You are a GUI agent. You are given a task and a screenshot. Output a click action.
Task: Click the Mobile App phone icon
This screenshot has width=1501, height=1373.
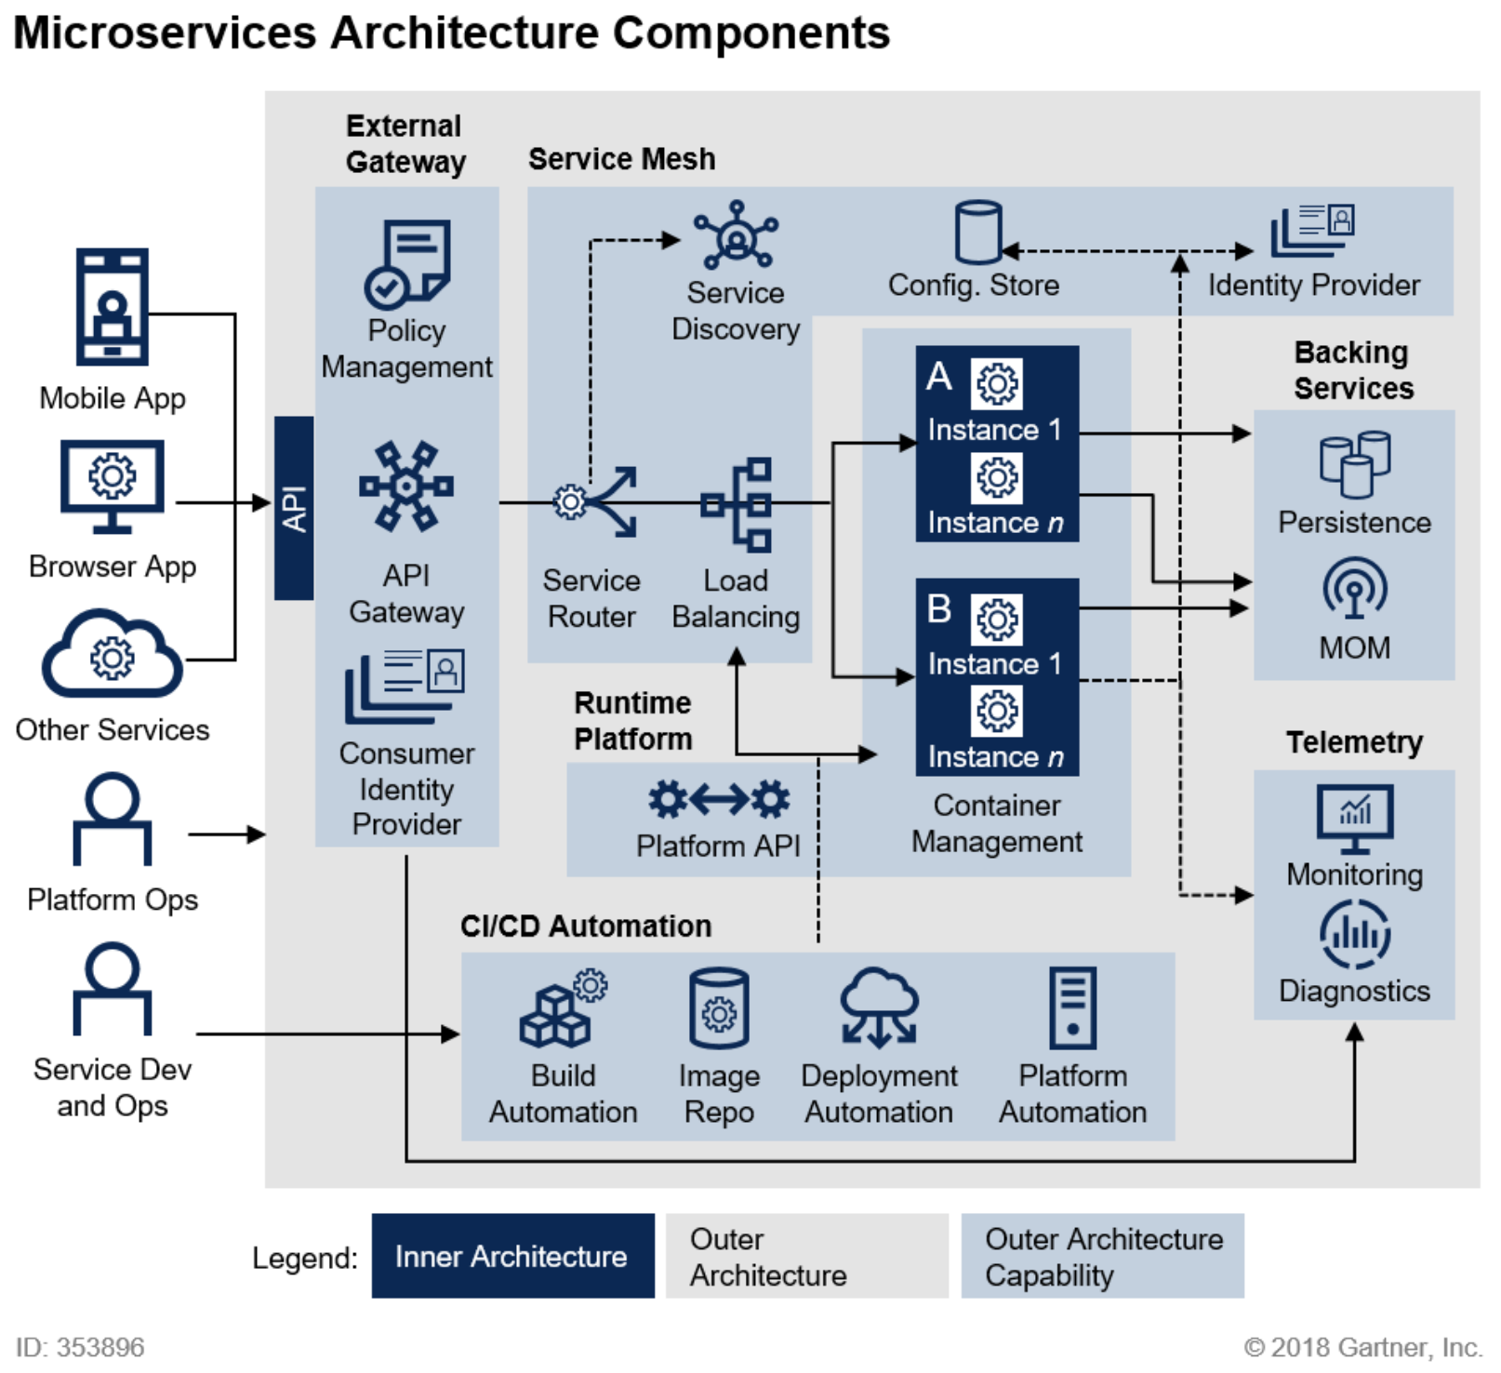(x=112, y=306)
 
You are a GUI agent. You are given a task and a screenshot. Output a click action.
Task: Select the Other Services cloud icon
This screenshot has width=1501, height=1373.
(x=112, y=655)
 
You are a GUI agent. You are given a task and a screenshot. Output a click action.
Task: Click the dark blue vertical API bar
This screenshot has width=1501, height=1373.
(x=294, y=508)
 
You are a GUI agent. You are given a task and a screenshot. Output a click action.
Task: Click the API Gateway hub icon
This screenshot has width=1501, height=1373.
(x=406, y=486)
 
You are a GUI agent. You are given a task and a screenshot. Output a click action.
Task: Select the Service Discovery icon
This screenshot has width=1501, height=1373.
(x=736, y=235)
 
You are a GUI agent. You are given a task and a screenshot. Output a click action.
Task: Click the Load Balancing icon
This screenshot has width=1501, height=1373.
(x=738, y=505)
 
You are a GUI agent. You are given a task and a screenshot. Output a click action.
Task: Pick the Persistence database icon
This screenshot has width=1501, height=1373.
(x=1354, y=463)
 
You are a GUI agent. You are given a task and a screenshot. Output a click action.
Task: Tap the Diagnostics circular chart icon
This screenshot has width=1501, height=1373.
(x=1354, y=934)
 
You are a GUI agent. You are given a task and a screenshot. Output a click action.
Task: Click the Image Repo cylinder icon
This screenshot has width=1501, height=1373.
(x=719, y=1008)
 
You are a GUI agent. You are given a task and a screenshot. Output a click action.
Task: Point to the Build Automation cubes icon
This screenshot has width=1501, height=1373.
(x=562, y=1010)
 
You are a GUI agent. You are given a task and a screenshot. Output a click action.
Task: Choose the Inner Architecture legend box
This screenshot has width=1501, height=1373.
(x=512, y=1255)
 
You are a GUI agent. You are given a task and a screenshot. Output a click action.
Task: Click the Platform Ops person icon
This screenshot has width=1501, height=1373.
(x=113, y=819)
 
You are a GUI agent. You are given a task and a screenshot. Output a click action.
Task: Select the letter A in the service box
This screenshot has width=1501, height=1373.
(x=938, y=377)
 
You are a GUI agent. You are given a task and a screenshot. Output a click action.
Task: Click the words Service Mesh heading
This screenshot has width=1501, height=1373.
(x=621, y=159)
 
